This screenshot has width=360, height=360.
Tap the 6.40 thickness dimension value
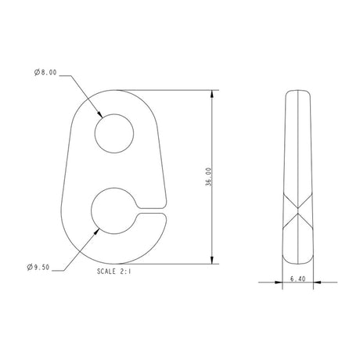click(x=297, y=278)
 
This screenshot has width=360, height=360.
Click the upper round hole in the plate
click(x=115, y=131)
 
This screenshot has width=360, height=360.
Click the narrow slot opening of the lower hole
click(x=153, y=209)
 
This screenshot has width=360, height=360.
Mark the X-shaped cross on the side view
click(x=298, y=211)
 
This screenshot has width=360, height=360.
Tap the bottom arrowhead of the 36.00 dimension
click(x=213, y=261)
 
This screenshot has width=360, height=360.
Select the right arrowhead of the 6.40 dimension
click(x=313, y=284)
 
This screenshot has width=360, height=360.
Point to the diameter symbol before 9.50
click(x=29, y=267)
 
